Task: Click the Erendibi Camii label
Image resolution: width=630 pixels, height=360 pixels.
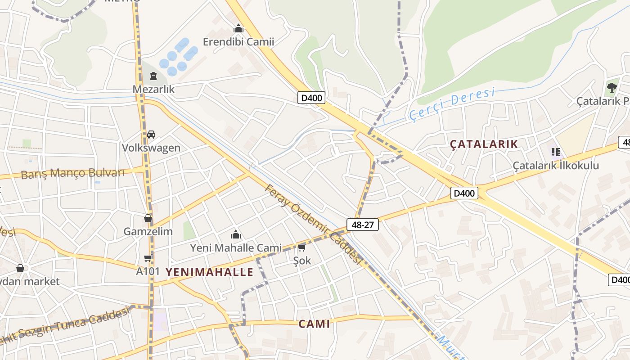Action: (238, 42)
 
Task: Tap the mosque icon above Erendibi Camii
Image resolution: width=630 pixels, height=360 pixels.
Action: (238, 29)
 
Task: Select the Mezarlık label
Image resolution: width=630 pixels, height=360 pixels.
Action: (153, 89)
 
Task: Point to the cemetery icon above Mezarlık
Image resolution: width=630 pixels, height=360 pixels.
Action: (153, 76)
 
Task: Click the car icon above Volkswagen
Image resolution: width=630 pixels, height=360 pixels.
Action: (151, 135)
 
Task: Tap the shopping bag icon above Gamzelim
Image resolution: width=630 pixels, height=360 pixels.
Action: (148, 219)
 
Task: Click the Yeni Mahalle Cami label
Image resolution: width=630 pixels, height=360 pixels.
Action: (236, 247)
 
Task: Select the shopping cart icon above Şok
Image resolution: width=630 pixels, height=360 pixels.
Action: (301, 248)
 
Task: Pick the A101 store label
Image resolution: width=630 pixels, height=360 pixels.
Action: (148, 271)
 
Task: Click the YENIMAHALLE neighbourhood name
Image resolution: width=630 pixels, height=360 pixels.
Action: (210, 272)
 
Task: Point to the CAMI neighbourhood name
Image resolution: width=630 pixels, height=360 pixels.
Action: (315, 324)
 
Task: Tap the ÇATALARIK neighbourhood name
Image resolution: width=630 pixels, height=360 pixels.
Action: (484, 144)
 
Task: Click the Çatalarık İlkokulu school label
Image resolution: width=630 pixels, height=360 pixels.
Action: (556, 166)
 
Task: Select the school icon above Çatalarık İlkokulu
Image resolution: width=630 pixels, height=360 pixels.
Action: (556, 152)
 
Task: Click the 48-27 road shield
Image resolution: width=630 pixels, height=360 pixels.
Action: (362, 225)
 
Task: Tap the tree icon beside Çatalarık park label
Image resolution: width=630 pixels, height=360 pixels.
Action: (612, 88)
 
